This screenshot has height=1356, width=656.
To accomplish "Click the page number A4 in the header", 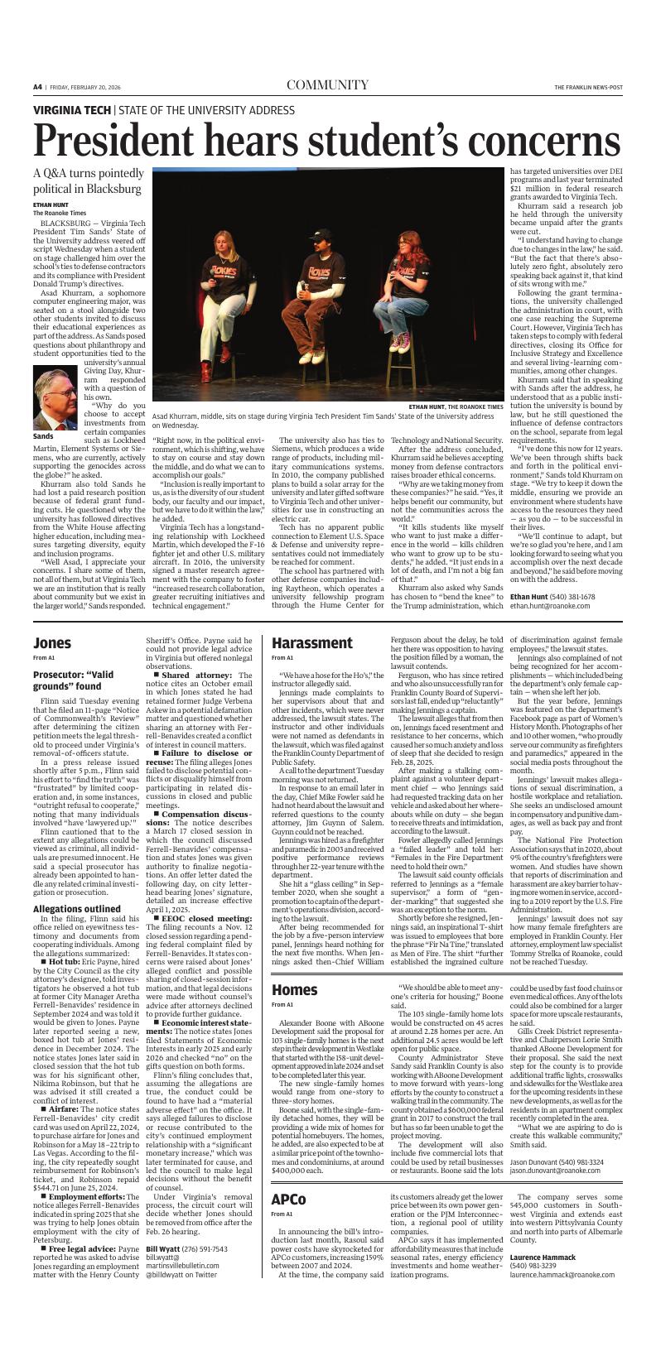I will point(38,86).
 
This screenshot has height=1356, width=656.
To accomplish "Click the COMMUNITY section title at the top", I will point(327,85).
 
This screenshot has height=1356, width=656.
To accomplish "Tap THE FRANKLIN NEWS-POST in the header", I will point(588,87).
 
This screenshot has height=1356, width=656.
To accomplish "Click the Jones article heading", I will point(51,642).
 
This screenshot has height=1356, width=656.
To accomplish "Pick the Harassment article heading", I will point(311,642).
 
